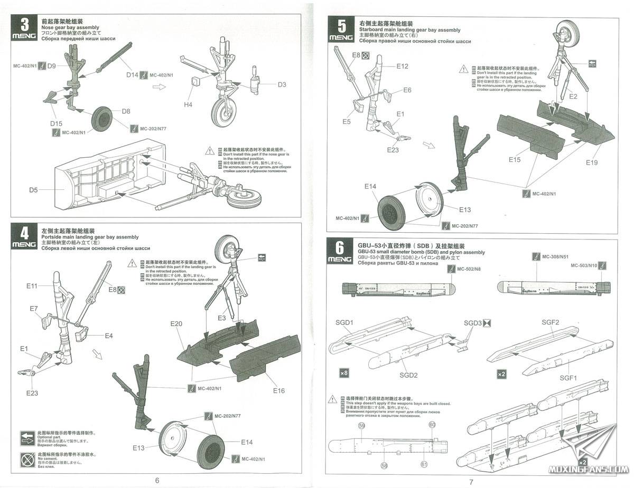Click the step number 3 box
(25, 26)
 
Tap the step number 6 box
(340, 250)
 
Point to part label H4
(188, 104)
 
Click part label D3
(282, 84)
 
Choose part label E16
(279, 390)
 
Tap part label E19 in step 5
(592, 162)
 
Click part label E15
(515, 159)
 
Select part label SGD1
(344, 323)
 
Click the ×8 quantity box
(344, 373)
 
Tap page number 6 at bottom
(157, 480)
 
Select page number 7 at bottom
(471, 481)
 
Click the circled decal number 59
(361, 425)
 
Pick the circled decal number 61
(424, 464)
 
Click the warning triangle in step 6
(332, 398)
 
